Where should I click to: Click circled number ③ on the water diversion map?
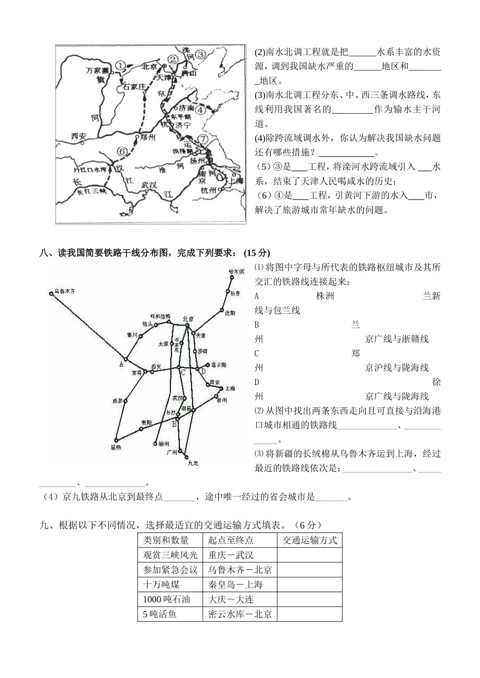point(201,55)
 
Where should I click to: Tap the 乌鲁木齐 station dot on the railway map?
point(51,293)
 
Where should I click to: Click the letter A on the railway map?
point(121,363)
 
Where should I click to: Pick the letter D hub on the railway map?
point(203,372)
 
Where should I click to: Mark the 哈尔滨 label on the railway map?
point(236,271)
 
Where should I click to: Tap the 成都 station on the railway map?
point(125,401)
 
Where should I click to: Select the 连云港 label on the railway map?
point(218,365)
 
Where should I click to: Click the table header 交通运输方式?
point(309,540)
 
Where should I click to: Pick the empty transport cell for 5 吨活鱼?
point(309,614)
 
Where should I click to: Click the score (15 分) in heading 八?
point(257,253)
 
